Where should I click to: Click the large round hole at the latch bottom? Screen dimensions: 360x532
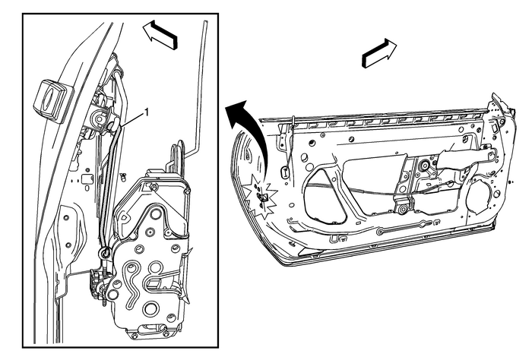(150, 308)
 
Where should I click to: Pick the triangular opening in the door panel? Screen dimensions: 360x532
(323, 201)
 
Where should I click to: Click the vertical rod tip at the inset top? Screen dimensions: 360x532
(205, 27)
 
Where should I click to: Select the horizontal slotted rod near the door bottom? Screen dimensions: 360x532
(414, 228)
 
